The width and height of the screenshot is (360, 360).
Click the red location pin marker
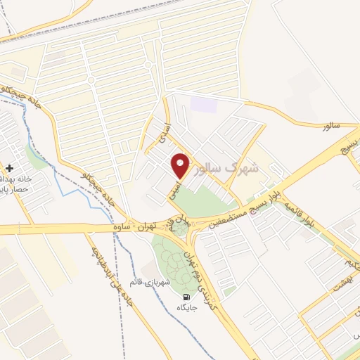pyautogui.click(x=181, y=165)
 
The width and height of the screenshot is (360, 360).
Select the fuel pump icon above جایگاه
pyautogui.click(x=186, y=297)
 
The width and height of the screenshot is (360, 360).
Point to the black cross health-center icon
pyautogui.click(x=9, y=169)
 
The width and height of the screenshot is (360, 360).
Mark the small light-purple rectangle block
pyautogui.click(x=205, y=104)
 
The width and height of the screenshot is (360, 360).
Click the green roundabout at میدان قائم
pyautogui.click(x=182, y=229)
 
